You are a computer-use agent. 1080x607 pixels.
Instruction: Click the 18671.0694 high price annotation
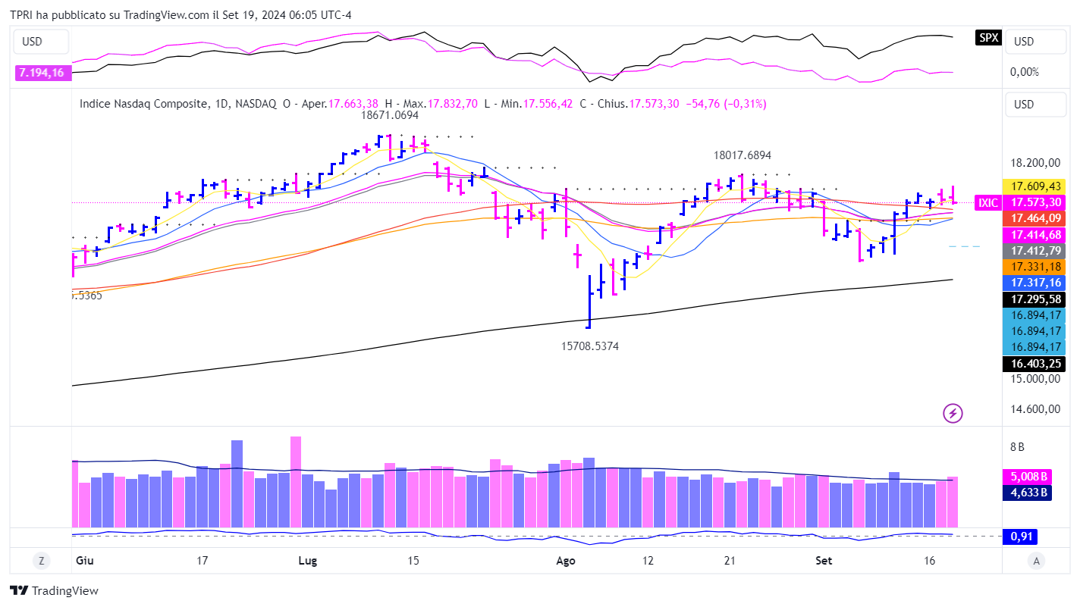pos(389,115)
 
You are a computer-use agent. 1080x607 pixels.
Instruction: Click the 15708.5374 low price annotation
pos(590,346)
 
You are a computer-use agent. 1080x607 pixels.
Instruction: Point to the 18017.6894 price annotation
pos(742,155)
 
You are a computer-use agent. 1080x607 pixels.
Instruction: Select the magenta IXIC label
pos(987,202)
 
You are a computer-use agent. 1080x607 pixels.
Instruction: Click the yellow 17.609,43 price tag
pos(1034,186)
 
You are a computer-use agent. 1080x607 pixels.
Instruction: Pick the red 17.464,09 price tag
pos(1034,218)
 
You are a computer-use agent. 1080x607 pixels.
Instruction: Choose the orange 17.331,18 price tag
pos(1034,266)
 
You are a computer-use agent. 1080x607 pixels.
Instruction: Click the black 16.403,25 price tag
pos(1034,363)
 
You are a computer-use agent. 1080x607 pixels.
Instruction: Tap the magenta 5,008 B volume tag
pos(1029,477)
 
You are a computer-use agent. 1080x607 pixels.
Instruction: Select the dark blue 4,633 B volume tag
pos(1029,493)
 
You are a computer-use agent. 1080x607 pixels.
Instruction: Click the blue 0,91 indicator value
pos(1020,537)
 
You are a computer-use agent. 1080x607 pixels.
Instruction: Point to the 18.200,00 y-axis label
pos(1034,163)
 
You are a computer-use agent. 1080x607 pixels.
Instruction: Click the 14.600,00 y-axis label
pos(1034,409)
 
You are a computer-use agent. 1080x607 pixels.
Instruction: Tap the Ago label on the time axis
pos(566,561)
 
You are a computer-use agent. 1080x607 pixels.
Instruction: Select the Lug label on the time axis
pos(308,561)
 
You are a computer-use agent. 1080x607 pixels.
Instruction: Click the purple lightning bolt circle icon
pos(953,413)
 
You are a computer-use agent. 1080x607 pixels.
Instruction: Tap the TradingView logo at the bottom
pos(54,591)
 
